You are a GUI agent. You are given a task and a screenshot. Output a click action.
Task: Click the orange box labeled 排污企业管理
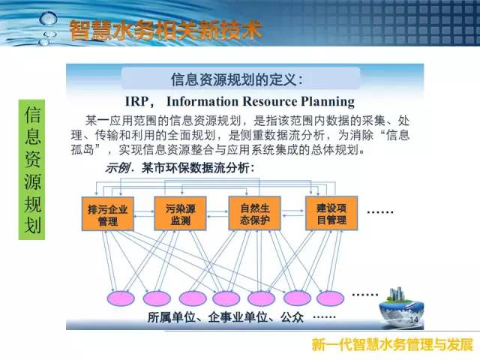click(x=108, y=214)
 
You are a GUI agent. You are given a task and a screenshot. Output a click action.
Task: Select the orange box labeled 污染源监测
click(x=180, y=214)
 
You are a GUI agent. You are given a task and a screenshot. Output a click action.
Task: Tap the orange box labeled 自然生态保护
click(x=255, y=213)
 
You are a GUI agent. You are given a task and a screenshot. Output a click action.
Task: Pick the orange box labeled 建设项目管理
click(x=331, y=213)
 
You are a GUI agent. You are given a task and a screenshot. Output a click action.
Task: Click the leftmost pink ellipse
click(x=121, y=298)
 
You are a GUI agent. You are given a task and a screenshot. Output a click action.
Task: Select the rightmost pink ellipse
click(x=331, y=298)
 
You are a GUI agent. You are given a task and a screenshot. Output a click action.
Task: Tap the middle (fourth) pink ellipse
click(x=226, y=298)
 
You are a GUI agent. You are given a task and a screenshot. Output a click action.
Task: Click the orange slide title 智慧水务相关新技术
click(x=166, y=30)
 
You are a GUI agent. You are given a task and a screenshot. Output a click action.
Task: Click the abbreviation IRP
click(x=137, y=101)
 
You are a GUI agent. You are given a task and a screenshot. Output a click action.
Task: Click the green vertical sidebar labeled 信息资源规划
click(x=31, y=169)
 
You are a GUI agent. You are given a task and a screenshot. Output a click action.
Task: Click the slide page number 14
click(x=414, y=320)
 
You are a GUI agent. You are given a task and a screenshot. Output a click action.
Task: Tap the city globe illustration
click(x=401, y=307)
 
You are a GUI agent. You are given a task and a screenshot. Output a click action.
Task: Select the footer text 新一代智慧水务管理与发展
click(x=393, y=345)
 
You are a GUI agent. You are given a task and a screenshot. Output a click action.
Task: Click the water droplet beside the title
click(x=48, y=19)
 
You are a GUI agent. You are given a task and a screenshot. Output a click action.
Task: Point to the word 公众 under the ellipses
click(x=292, y=317)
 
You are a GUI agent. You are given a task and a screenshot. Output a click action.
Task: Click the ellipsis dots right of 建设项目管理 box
click(x=380, y=211)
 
